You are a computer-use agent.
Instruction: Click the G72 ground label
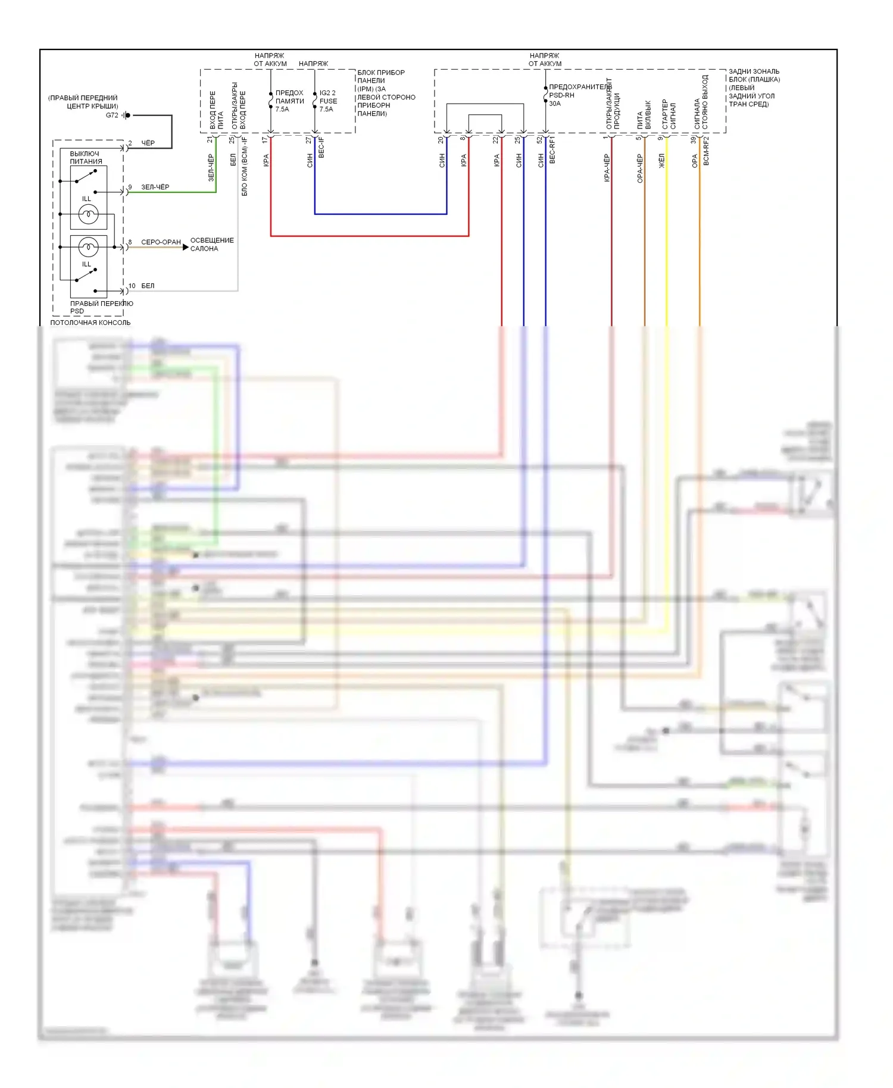point(112,115)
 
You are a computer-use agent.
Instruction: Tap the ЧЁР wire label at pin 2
point(148,143)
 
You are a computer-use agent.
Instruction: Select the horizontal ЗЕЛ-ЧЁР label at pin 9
point(155,187)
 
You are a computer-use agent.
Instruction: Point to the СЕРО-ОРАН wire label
point(161,242)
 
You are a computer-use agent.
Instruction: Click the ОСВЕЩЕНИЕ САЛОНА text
point(212,245)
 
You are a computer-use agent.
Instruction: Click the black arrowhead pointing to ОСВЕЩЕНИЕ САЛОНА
point(185,247)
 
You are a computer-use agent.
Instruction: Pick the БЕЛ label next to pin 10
point(148,286)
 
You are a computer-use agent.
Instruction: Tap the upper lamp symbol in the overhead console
point(88,214)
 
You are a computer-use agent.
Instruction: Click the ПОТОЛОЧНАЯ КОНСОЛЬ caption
point(90,323)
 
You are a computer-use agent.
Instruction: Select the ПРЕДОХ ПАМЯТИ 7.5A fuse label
point(289,101)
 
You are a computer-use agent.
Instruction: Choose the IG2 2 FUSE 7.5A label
point(327,101)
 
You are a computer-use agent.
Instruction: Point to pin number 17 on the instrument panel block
point(265,140)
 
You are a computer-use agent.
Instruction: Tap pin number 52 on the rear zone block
point(539,140)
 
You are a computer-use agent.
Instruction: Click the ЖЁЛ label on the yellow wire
point(661,161)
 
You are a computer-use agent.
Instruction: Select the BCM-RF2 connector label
point(706,151)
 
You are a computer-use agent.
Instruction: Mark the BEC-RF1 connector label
point(552,150)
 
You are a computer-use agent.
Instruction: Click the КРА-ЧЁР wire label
point(607,167)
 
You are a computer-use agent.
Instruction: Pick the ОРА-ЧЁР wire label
point(640,168)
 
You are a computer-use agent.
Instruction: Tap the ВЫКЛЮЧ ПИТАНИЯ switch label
point(85,158)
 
